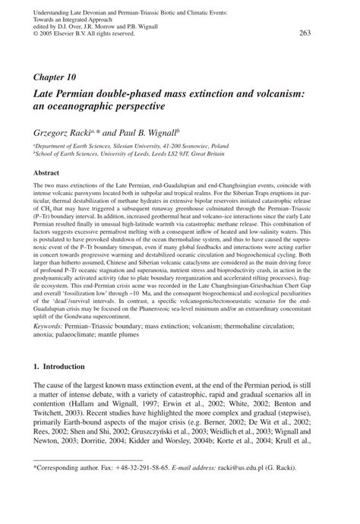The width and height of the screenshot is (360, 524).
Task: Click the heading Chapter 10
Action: pos(53,77)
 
